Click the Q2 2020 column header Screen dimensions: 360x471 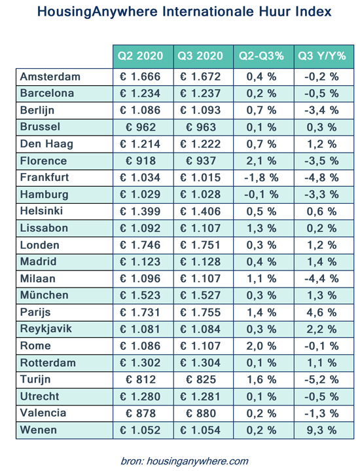click(x=140, y=56)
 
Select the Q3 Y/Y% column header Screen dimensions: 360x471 click(x=322, y=56)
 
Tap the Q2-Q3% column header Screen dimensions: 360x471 click(x=261, y=56)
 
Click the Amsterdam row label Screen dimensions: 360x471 click(x=50, y=77)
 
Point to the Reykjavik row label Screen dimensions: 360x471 click(x=46, y=329)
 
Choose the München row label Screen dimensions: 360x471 click(x=44, y=295)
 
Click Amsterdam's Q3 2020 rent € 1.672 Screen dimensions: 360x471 click(x=200, y=77)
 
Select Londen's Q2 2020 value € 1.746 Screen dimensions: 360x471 click(x=140, y=245)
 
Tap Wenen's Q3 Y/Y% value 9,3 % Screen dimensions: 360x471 click(x=321, y=430)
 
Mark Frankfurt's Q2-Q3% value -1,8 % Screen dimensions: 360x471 click(x=261, y=178)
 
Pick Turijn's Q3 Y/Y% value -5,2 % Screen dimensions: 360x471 click(x=321, y=380)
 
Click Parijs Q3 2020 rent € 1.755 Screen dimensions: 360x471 click(x=200, y=312)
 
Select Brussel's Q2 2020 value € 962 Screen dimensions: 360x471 click(x=141, y=127)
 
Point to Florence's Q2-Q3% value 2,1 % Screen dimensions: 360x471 click(x=261, y=160)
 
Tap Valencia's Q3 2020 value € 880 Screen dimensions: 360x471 click(x=201, y=413)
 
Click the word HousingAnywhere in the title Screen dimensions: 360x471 click(x=98, y=12)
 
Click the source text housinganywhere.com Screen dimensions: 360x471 click(x=197, y=461)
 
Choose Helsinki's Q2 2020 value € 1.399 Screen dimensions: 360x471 click(x=140, y=212)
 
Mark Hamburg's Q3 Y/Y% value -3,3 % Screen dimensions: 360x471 click(x=321, y=195)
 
